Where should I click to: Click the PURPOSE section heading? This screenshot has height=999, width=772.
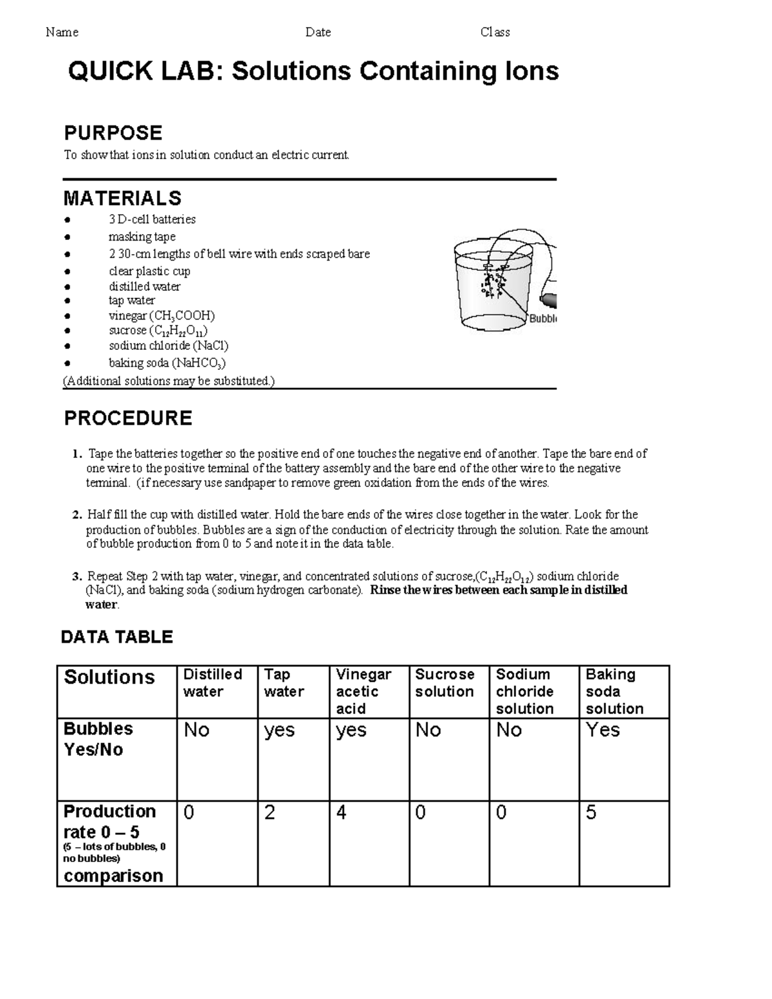[113, 133]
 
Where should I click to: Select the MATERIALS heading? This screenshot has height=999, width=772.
[122, 198]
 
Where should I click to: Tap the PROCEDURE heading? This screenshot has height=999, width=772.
[128, 418]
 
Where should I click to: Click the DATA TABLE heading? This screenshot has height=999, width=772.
[116, 637]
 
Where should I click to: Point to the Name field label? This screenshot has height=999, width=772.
[62, 32]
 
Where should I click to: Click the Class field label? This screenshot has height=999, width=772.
[495, 32]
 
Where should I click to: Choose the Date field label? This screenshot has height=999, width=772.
[318, 32]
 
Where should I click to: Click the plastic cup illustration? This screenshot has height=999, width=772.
[492, 283]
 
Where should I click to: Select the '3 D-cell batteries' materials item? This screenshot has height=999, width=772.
[152, 219]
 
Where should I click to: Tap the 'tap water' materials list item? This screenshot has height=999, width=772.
[131, 300]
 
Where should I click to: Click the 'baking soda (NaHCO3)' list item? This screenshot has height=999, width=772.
[167, 363]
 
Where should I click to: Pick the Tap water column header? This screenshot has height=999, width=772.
[284, 683]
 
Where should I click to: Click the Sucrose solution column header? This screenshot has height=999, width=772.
[445, 683]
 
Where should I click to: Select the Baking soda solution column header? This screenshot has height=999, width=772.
[614, 692]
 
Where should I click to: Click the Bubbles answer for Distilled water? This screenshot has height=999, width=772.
[196, 730]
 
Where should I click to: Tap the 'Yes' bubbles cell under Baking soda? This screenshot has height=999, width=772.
[603, 730]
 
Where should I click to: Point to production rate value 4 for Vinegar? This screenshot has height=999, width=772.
[341, 813]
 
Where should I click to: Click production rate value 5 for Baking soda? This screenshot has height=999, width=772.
[591, 813]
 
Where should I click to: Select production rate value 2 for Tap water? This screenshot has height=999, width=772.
[270, 813]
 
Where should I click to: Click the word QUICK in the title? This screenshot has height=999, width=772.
[108, 71]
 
